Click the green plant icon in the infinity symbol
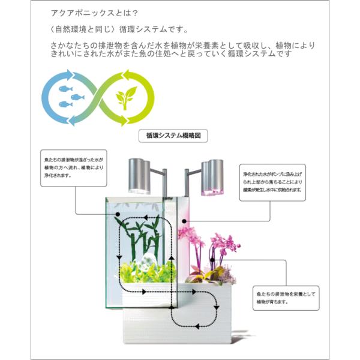coord(125,96)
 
